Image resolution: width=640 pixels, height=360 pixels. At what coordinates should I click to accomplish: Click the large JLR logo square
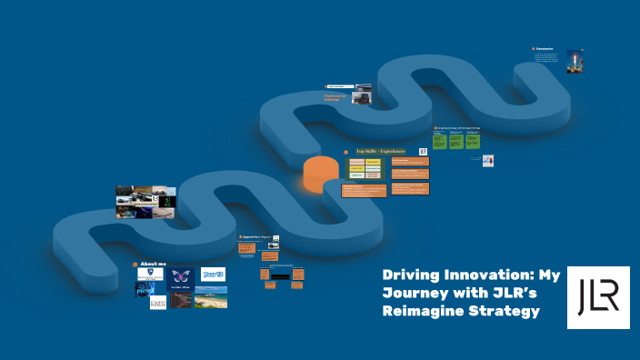598,297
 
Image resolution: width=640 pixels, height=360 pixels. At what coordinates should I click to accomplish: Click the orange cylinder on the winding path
320,174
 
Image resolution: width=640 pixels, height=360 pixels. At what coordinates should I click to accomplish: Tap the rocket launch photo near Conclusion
575,61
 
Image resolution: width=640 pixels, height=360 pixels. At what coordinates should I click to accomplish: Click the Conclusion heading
545,48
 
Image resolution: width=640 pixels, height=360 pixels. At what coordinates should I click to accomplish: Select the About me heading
154,264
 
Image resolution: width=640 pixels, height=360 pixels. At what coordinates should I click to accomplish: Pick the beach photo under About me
211,296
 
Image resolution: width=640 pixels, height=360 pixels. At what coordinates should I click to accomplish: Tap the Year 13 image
213,274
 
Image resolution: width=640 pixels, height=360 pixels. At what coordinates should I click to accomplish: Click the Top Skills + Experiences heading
380,152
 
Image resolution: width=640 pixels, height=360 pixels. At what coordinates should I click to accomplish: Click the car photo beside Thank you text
363,93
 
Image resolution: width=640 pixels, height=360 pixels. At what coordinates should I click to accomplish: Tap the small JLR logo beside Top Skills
423,152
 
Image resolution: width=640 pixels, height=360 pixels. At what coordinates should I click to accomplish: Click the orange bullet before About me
135,264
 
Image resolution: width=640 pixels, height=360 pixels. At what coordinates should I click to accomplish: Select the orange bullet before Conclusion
534,48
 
